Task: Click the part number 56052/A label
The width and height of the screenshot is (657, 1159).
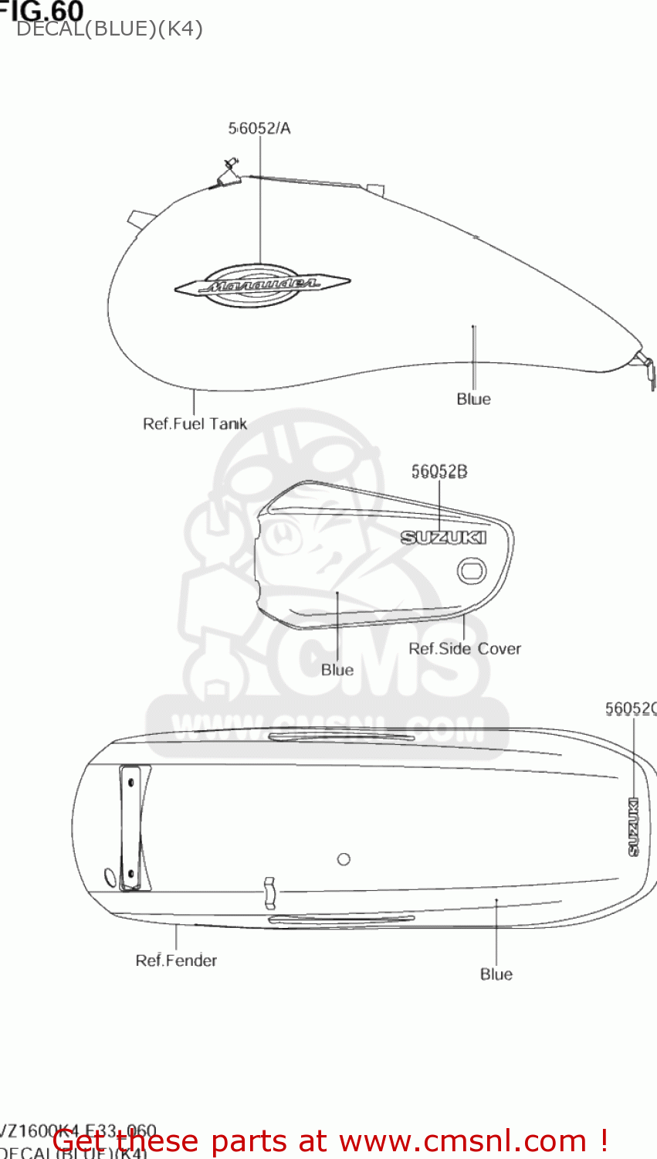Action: tap(259, 128)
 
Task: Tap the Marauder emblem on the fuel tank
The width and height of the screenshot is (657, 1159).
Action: tap(262, 285)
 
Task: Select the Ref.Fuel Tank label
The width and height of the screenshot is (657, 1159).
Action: tap(195, 423)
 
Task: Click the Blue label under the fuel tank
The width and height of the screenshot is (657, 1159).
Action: tap(473, 399)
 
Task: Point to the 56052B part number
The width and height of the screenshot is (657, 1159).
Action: tap(439, 471)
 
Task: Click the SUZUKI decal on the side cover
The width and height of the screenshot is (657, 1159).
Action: tap(443, 537)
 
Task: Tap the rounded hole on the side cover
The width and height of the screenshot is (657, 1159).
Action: tap(471, 572)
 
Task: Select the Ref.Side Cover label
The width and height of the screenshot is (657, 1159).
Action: tap(465, 648)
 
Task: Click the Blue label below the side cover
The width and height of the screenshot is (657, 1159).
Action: tap(337, 669)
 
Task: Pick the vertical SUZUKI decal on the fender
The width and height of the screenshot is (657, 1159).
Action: tap(633, 826)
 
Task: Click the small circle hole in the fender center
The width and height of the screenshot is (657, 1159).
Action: tap(344, 859)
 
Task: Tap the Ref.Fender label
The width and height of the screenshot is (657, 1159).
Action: tap(176, 960)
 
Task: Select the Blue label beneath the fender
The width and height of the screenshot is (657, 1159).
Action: tap(496, 974)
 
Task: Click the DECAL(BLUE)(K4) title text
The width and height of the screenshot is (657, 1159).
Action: tap(109, 29)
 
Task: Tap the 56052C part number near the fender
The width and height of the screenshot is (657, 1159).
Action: tap(630, 709)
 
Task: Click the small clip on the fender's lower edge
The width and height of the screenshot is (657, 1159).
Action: tap(269, 892)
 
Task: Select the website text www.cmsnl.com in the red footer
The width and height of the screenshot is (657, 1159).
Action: tap(462, 1140)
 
